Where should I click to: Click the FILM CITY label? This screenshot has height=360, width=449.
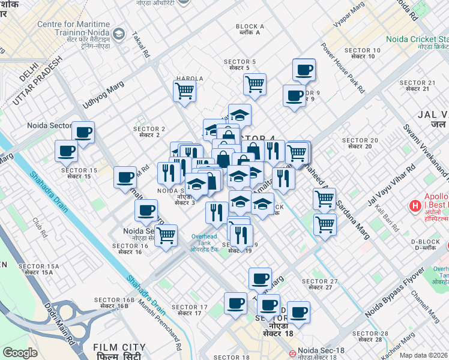[119, 347]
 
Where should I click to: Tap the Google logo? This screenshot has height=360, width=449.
[20, 353]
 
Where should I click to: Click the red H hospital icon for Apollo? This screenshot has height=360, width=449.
[414, 207]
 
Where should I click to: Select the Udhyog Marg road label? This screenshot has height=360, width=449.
[99, 95]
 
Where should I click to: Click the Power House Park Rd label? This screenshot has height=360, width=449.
[343, 67]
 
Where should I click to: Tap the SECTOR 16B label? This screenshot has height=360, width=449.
[114, 302]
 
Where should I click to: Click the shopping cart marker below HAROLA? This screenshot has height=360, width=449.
[184, 91]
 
